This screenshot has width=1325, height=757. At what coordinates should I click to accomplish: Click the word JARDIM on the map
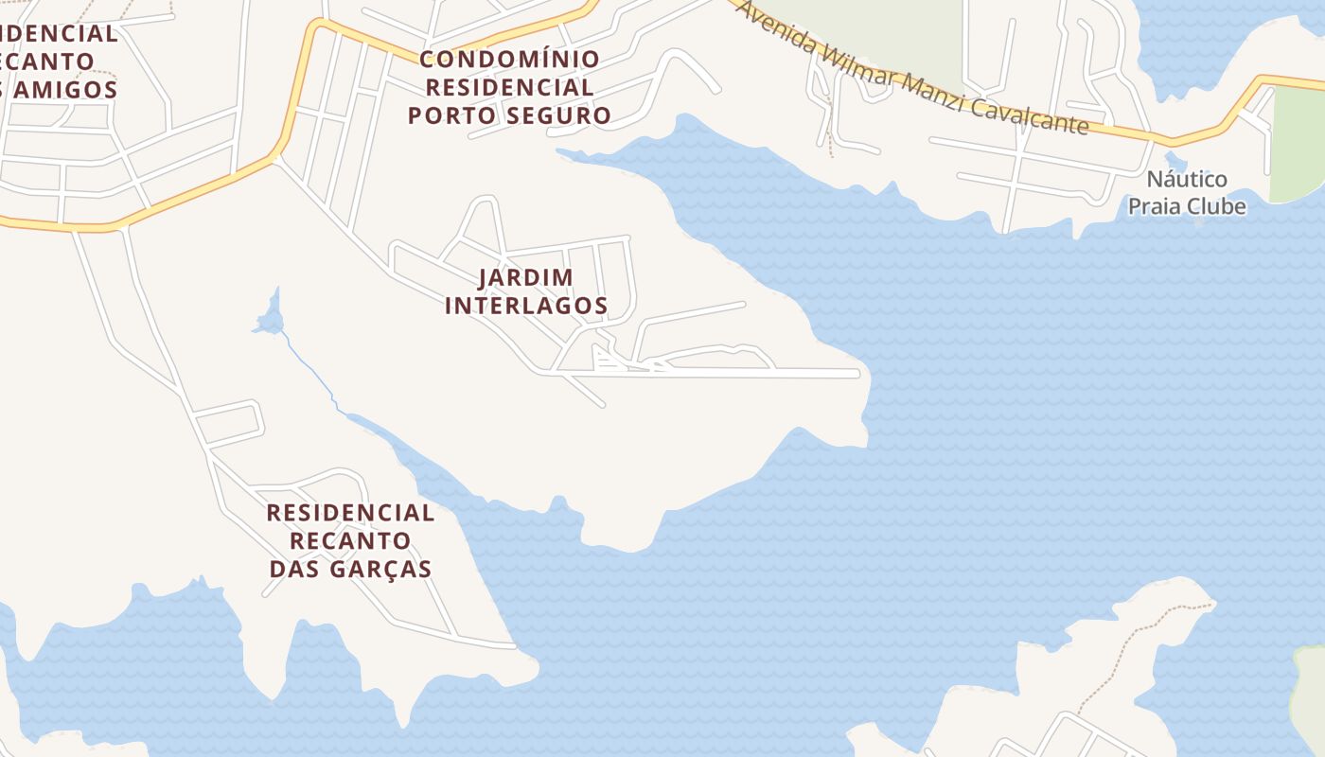click(526, 277)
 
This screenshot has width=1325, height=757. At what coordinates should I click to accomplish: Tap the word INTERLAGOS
click(526, 306)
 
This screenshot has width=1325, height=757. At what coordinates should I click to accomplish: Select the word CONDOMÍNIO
click(509, 59)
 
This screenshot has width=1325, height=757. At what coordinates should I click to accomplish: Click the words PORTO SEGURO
click(509, 115)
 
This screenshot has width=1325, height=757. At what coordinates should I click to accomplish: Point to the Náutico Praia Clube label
click(1187, 192)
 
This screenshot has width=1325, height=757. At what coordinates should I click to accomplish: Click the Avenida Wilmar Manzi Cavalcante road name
click(912, 68)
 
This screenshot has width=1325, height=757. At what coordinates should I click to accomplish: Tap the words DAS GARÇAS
click(350, 569)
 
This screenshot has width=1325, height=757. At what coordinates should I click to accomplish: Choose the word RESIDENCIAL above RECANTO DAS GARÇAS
click(350, 513)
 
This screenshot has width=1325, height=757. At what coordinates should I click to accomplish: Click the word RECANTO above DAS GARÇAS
click(350, 541)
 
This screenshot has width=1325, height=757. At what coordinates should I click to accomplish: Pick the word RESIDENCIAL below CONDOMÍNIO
click(509, 87)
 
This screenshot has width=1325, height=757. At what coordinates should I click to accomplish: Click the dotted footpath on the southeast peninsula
click(1135, 635)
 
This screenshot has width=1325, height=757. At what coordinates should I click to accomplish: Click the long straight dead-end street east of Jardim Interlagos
click(757, 374)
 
